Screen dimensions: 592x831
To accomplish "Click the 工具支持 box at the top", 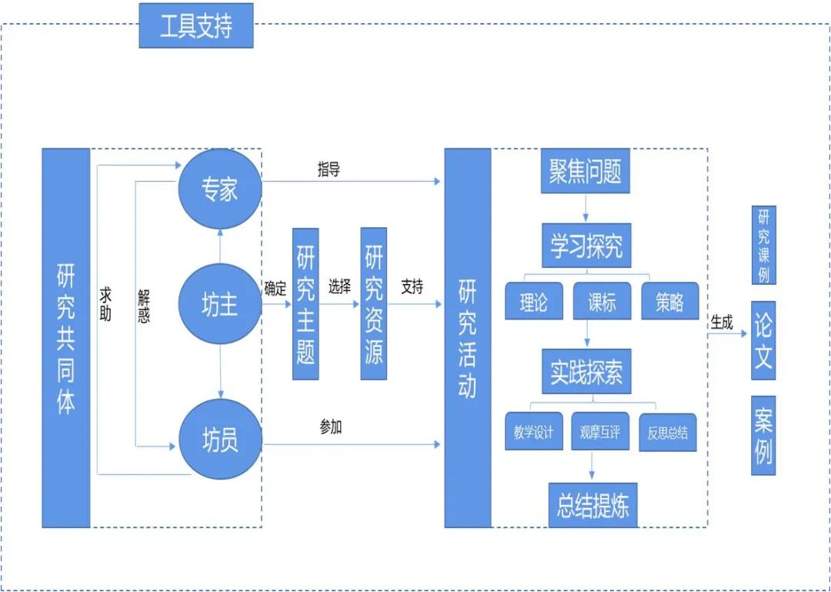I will click(x=196, y=25).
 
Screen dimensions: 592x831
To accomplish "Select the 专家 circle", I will click(x=220, y=189).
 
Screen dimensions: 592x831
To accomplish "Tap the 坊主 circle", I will click(x=220, y=305).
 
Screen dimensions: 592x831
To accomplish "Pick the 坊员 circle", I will click(x=220, y=440).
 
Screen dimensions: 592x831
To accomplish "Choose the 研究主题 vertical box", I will click(x=305, y=304).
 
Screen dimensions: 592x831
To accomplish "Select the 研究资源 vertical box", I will click(x=374, y=304).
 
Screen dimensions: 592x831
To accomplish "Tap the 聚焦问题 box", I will click(x=585, y=172).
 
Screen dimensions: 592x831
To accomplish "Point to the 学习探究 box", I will click(x=586, y=246).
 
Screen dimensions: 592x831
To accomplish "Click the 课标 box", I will click(x=602, y=302).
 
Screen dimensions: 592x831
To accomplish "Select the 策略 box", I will click(x=669, y=302).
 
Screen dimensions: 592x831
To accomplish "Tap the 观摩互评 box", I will click(x=601, y=433).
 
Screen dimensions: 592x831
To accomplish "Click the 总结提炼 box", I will click(x=592, y=505).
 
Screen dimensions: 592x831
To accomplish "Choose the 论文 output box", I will click(x=763, y=341).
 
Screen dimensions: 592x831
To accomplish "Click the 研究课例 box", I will click(x=763, y=245).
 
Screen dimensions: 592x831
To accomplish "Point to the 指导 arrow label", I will click(x=329, y=170).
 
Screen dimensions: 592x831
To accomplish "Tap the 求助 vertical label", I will click(x=106, y=304).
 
